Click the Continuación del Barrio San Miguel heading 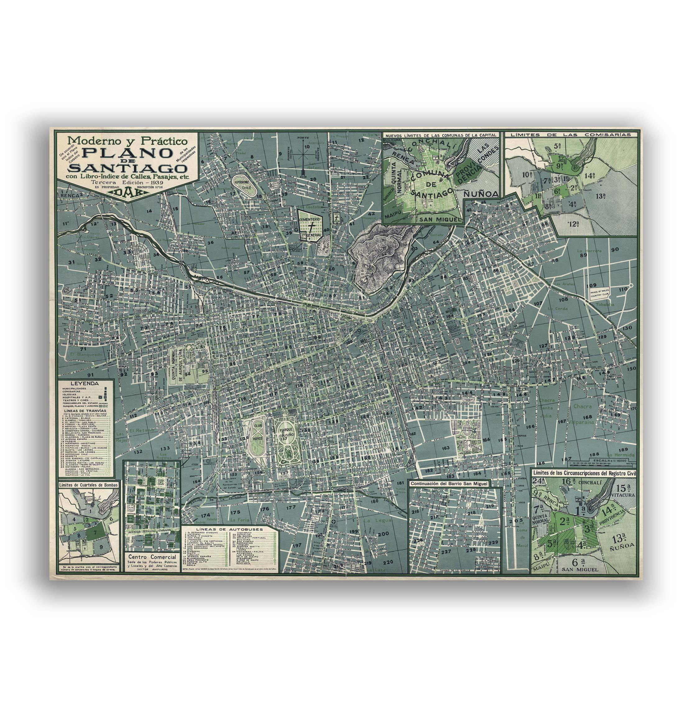(449, 483)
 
